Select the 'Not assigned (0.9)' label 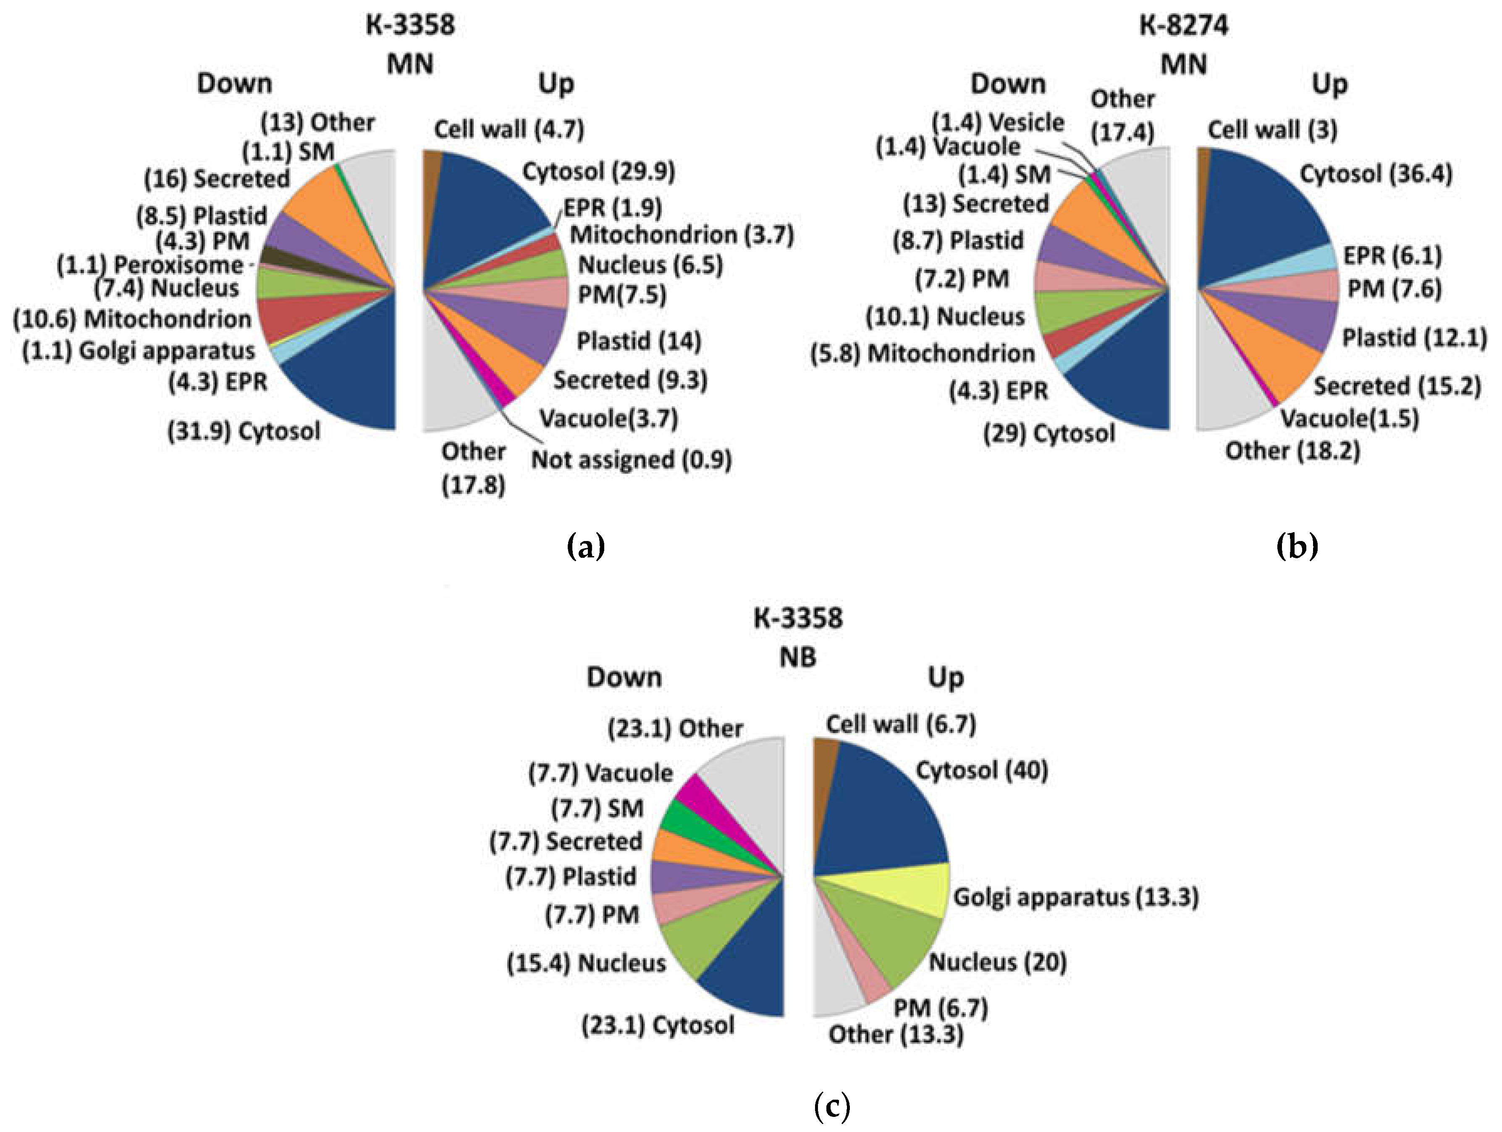(631, 460)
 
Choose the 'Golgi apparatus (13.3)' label (1075, 897)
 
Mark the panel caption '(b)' (1297, 545)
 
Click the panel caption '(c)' (831, 1107)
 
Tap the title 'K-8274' (1184, 25)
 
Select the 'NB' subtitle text (798, 657)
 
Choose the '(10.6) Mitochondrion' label (132, 318)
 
